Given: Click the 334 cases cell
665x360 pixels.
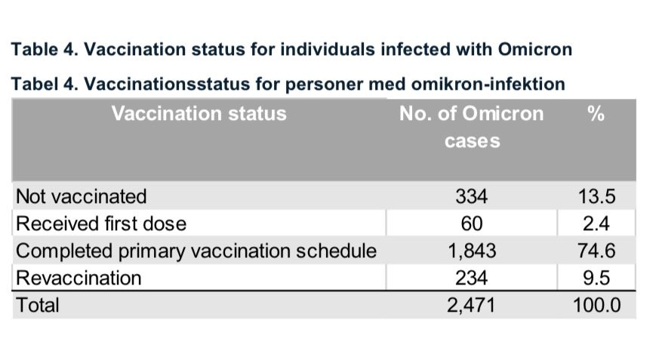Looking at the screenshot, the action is pyautogui.click(x=471, y=196).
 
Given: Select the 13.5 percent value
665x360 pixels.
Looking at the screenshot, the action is pyautogui.click(x=596, y=196).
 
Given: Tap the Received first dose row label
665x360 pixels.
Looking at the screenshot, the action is pyautogui.click(x=101, y=223).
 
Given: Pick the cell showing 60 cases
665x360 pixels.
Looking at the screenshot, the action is pyautogui.click(x=472, y=223).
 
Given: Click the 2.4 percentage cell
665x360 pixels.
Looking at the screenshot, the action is pyautogui.click(x=596, y=223).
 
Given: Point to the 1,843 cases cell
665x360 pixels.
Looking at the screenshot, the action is pyautogui.click(x=472, y=251).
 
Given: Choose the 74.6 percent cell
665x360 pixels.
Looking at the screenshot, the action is pyautogui.click(x=596, y=251).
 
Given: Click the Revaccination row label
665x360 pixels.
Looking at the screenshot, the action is pyautogui.click(x=79, y=278).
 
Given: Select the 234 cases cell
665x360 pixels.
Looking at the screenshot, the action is pyautogui.click(x=471, y=278).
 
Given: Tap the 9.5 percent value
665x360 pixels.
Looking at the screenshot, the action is pyautogui.click(x=596, y=278).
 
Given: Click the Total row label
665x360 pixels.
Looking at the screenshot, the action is pyautogui.click(x=37, y=305).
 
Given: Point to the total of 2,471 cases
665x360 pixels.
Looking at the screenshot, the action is pyautogui.click(x=471, y=305).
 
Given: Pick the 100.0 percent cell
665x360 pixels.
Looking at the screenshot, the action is pyautogui.click(x=596, y=305).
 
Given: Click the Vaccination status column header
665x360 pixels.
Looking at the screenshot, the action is pyautogui.click(x=199, y=114).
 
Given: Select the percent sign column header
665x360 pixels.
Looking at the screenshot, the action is pyautogui.click(x=596, y=114).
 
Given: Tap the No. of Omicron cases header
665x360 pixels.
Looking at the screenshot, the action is pyautogui.click(x=472, y=127).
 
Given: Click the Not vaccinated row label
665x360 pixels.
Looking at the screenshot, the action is pyautogui.click(x=81, y=196).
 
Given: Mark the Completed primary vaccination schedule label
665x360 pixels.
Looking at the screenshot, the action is pyautogui.click(x=196, y=251).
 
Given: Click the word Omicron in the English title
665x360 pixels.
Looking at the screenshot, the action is pyautogui.click(x=535, y=49).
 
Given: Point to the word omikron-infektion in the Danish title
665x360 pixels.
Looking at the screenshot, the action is pyautogui.click(x=488, y=84).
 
